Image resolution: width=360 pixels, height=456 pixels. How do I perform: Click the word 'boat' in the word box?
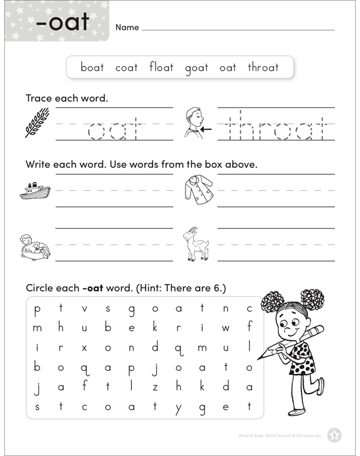click(x=92, y=67)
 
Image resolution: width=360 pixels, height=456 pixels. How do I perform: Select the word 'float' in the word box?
click(x=161, y=67)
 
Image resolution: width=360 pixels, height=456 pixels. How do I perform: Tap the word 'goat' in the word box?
click(x=197, y=68)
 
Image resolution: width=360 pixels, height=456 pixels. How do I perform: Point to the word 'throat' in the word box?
click(x=263, y=67)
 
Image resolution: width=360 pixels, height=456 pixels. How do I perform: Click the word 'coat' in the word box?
click(x=127, y=67)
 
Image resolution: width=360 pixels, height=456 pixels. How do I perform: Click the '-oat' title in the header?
click(x=62, y=23)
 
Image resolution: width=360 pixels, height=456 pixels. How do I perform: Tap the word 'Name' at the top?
click(x=127, y=28)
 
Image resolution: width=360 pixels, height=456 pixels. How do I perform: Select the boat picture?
click(x=35, y=190)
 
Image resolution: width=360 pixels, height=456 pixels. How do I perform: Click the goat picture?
click(x=196, y=244)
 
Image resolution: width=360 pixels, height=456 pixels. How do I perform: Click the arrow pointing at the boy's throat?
click(x=206, y=130)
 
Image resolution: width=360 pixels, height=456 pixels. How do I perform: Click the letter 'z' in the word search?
click(x=156, y=387)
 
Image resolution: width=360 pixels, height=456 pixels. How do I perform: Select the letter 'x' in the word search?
click(x=84, y=348)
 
